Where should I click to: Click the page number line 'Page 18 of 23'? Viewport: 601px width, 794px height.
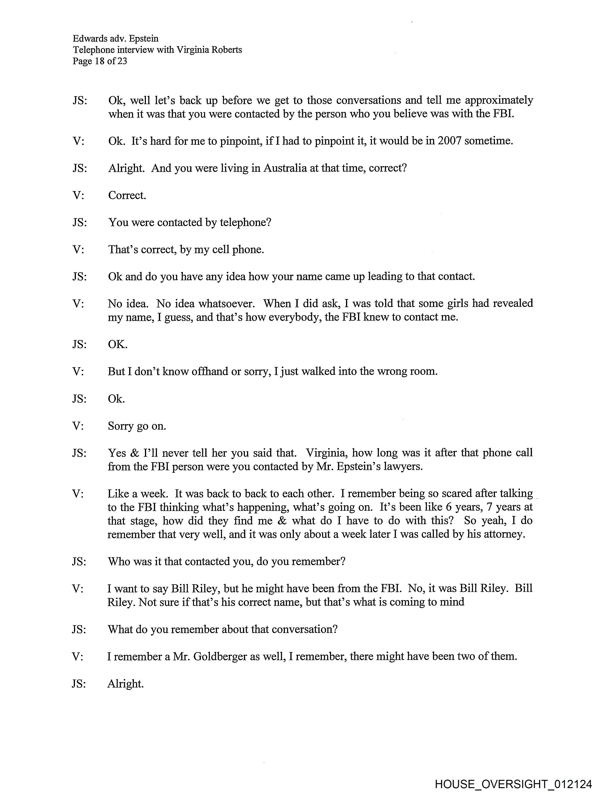tap(100, 61)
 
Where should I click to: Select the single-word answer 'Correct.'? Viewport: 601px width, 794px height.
tap(127, 195)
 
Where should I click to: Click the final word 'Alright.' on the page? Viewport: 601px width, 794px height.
tap(125, 683)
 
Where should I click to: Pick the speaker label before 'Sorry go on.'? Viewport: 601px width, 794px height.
tap(78, 426)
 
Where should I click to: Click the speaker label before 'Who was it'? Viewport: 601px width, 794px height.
tap(79, 561)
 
